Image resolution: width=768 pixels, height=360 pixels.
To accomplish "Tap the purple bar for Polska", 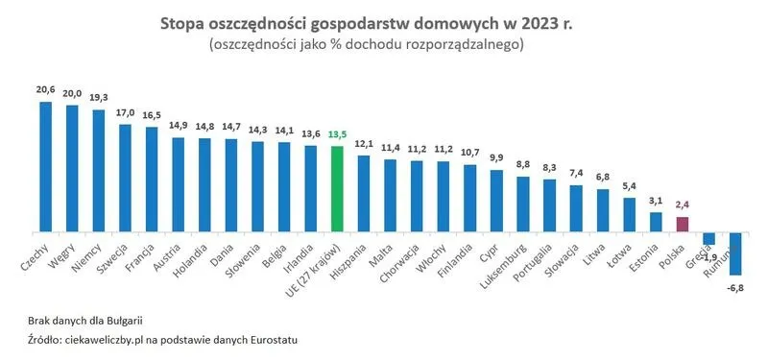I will point(682,224).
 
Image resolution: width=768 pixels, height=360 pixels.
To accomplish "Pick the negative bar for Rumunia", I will point(735,253).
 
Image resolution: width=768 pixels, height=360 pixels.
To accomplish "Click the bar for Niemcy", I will point(99,170).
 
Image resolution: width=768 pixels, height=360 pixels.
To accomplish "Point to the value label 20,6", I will point(45,89).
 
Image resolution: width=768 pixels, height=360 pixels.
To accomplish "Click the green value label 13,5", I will point(337,135).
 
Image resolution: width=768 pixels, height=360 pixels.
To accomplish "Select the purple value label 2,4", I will point(682,205).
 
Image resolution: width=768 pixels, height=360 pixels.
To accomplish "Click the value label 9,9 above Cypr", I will point(496,157).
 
